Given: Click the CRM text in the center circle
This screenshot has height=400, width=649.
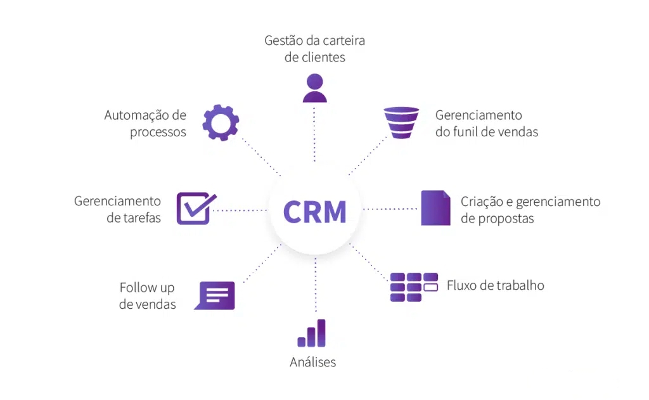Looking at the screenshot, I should click(315, 212).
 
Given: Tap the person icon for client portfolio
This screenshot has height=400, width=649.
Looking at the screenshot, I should click(314, 88).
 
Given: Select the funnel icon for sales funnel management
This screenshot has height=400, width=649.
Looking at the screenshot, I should click(401, 122).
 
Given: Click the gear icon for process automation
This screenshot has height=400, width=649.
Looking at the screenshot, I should click(221, 123).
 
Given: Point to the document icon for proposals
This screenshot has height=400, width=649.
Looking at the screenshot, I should click(435, 208).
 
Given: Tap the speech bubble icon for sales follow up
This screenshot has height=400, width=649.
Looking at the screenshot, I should click(215, 295).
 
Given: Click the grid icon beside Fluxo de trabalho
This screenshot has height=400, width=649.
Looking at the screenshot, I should click(414, 287).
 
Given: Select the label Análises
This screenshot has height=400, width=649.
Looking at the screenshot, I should click(312, 363).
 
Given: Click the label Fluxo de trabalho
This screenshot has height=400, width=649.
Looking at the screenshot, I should click(495, 285).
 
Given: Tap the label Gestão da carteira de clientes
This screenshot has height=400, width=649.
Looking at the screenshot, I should click(314, 49).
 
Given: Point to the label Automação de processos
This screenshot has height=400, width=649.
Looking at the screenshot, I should click(146, 124).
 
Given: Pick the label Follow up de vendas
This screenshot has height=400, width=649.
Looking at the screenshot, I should click(148, 296).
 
